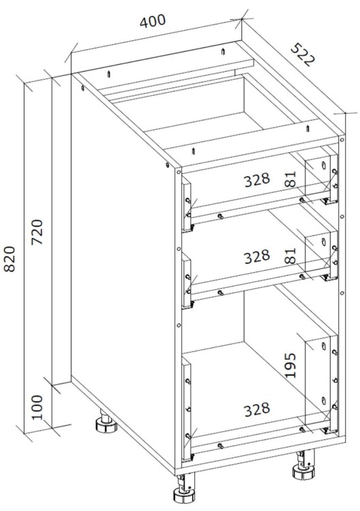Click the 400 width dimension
click(153, 21)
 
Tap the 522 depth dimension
click(303, 54)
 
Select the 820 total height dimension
click(10, 259)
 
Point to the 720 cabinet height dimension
click(37, 233)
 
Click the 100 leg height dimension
click(37, 407)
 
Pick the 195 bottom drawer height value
click(290, 365)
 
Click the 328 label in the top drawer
click(257, 179)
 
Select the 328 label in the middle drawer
click(257, 257)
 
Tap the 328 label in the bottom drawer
click(257, 409)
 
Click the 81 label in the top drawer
click(290, 179)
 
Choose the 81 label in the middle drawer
click(290, 256)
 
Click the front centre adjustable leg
click(184, 491)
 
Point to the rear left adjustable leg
click(106, 422)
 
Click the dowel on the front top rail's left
click(194, 151)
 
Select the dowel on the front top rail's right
click(307, 129)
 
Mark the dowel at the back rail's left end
click(109, 74)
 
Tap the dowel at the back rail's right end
click(223, 51)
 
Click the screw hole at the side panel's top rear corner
click(82, 88)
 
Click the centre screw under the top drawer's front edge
click(220, 216)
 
